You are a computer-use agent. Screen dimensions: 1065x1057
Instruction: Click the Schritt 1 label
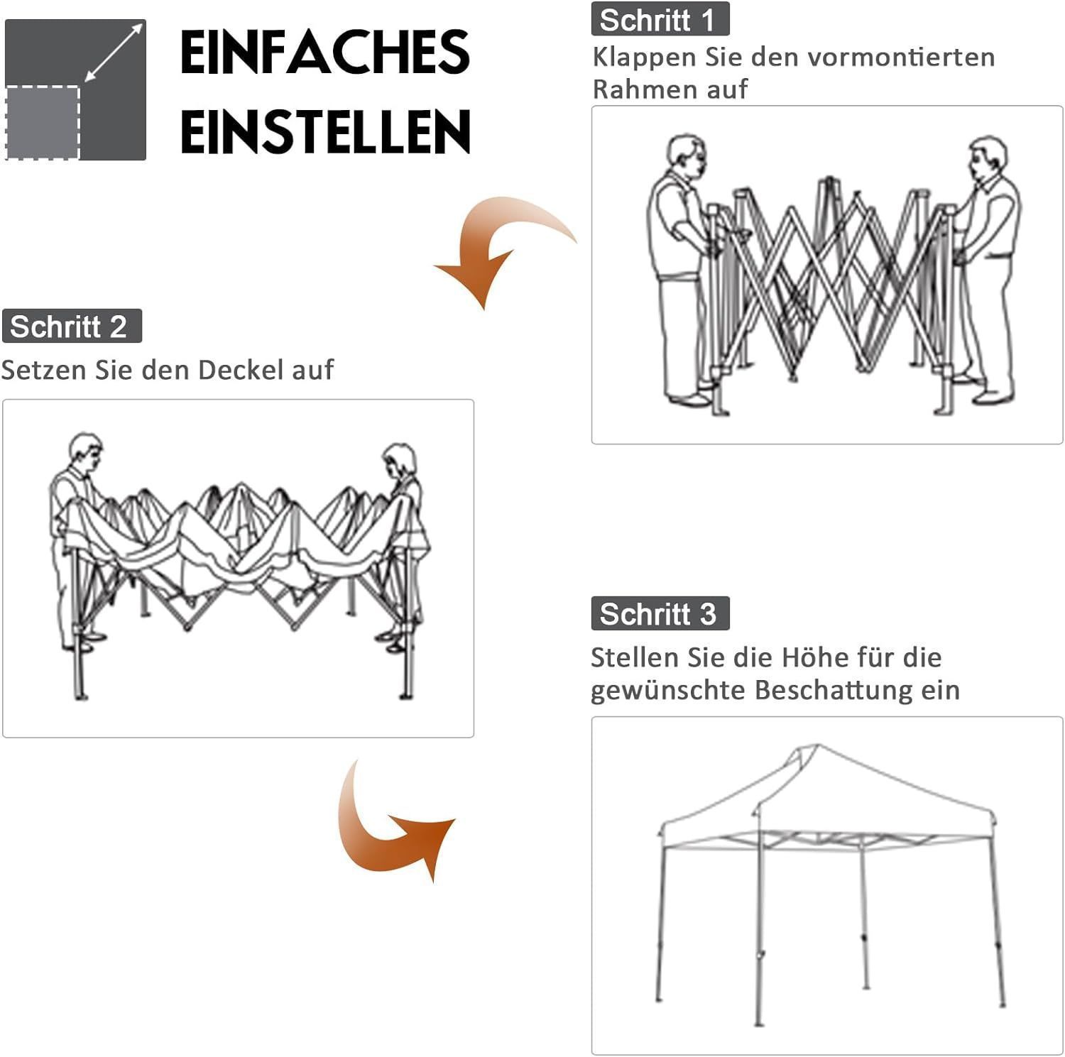coord(660,19)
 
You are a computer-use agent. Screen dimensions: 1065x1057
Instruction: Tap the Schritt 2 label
coord(72,327)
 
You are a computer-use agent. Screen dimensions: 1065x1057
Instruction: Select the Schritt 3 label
coord(660,613)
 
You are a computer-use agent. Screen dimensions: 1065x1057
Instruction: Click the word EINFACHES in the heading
coord(325,53)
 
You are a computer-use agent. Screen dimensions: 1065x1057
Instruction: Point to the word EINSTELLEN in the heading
coord(325,131)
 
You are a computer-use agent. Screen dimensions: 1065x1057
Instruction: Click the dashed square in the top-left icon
coord(42,122)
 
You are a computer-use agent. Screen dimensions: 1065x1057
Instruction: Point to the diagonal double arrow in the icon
coord(114,52)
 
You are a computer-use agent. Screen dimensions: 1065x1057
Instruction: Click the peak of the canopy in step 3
coord(816,745)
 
